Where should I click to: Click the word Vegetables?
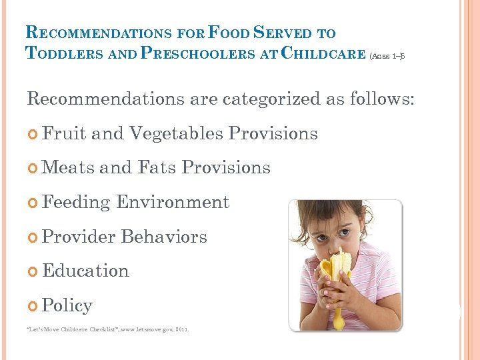click(x=176, y=133)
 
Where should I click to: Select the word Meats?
click(x=67, y=167)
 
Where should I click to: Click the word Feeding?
click(x=76, y=202)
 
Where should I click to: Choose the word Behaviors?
click(x=164, y=237)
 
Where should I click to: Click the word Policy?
click(x=67, y=305)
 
